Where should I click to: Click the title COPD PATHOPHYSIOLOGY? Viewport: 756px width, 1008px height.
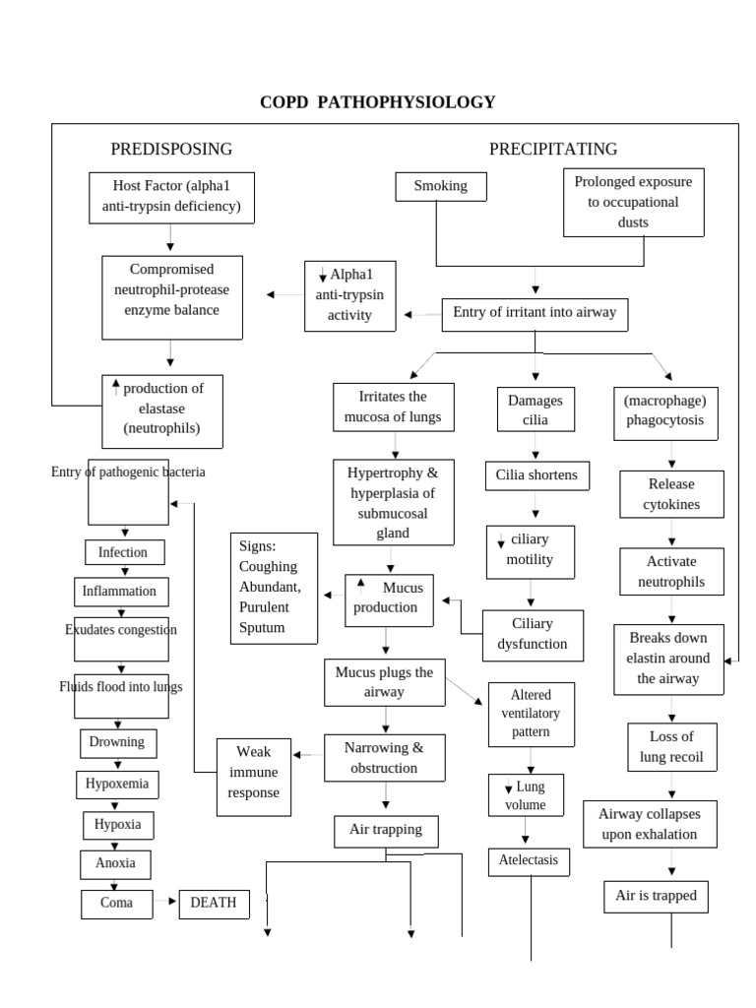click(377, 102)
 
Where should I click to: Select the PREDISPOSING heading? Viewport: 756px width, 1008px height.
click(171, 149)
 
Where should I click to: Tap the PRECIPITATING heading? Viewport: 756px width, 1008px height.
click(553, 149)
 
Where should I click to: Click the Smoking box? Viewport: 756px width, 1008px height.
click(440, 186)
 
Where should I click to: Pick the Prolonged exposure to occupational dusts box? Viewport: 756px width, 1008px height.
click(633, 203)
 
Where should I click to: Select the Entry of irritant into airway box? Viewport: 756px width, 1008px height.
click(535, 313)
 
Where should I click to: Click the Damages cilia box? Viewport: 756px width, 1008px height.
click(535, 410)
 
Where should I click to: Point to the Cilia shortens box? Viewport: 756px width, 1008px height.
click(536, 476)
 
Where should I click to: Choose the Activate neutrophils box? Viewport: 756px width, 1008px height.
click(671, 572)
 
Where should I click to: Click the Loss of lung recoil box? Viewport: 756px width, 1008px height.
click(671, 747)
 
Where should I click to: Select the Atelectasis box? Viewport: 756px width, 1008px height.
click(529, 861)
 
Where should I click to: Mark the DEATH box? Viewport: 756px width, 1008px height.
click(214, 903)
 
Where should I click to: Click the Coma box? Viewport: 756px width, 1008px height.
click(116, 903)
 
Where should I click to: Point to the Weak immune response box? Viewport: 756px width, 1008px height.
click(254, 777)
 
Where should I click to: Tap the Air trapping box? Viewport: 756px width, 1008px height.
click(386, 830)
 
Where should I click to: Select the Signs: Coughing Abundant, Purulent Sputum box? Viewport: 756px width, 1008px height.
click(274, 589)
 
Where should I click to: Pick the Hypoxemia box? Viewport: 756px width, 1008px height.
click(117, 785)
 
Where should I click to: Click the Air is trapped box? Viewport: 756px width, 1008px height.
click(656, 896)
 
